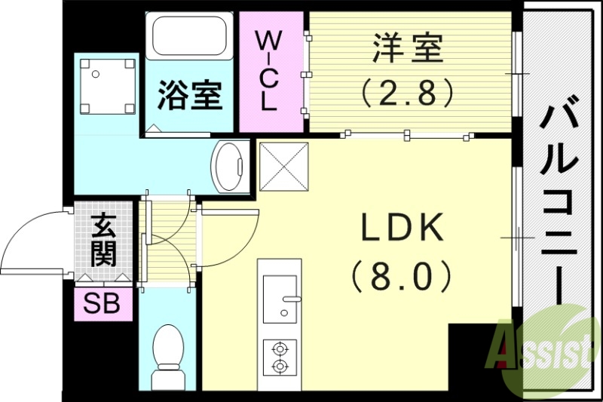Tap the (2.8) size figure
point(408,92)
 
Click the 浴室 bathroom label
point(190,97)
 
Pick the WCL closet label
point(269,71)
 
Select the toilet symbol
point(168,354)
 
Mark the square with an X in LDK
point(284,165)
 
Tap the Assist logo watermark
point(540,347)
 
